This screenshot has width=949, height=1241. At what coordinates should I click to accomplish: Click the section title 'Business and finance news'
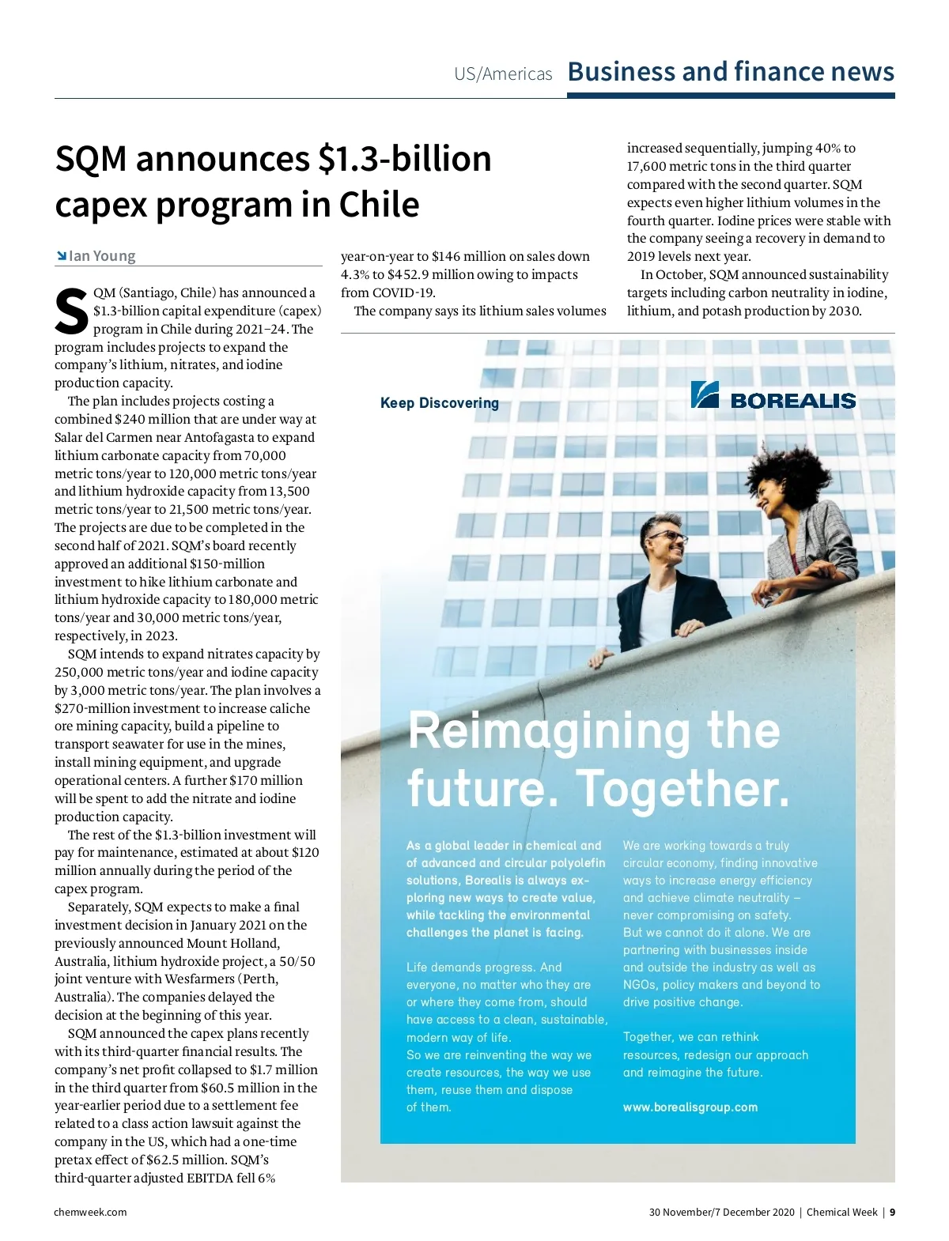pos(731,72)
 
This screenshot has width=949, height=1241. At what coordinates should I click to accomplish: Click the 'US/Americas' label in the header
pos(503,74)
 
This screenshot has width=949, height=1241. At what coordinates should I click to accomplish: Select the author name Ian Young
pos(102,256)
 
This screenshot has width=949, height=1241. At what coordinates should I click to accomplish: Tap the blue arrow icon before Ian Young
pos(61,256)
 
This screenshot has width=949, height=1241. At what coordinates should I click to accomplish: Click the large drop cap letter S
pos(71,312)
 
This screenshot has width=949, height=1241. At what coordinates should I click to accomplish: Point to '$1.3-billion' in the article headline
pos(404,159)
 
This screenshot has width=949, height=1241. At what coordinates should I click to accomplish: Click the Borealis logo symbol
pos(704,394)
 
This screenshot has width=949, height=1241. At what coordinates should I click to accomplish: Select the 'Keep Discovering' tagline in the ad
pos(439,403)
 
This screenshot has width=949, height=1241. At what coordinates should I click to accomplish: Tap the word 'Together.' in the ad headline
pos(682,789)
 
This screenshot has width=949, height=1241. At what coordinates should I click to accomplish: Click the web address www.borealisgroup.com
pos(690,1107)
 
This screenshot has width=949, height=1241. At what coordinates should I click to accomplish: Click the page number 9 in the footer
pos(892,1212)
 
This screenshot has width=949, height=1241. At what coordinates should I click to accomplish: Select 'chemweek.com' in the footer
pos(90,1212)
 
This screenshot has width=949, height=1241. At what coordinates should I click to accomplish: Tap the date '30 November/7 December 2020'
pos(721,1212)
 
